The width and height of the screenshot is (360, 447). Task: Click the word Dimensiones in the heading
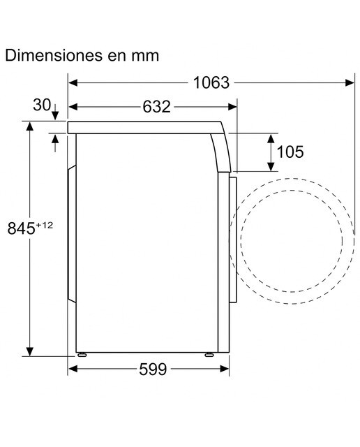54,55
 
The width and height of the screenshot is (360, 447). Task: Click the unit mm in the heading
145,57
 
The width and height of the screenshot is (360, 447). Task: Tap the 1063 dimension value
211,83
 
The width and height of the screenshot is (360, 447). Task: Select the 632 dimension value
156,107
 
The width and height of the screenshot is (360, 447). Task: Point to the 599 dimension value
153,369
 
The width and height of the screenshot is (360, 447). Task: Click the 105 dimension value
290,152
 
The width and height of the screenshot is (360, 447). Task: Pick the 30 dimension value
42,105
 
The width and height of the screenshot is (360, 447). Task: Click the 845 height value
22,228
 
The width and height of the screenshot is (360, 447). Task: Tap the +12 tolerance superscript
45,225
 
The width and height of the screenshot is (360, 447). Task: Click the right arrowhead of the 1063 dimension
350,83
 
